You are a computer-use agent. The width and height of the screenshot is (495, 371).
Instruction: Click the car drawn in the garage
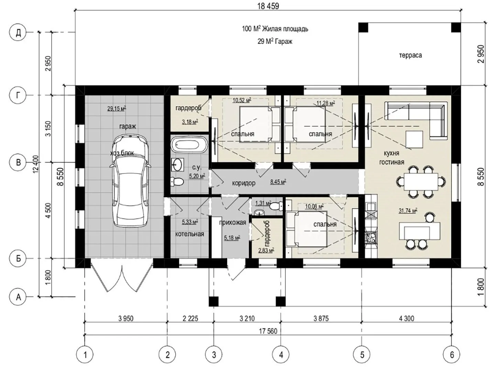click(130, 181)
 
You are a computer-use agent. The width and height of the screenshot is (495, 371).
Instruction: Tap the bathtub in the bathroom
click(189, 145)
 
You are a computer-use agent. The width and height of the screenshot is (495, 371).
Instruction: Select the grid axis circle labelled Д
click(18, 33)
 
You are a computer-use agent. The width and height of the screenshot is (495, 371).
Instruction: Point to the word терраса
click(410, 55)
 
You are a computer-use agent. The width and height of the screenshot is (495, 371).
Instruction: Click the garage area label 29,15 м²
click(117, 109)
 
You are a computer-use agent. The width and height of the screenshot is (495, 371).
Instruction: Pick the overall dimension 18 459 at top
click(268, 6)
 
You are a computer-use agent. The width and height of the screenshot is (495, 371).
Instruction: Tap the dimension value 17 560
click(268, 331)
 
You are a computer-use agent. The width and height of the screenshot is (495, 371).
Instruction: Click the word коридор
click(244, 183)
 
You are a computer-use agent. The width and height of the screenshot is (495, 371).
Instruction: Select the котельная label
click(190, 234)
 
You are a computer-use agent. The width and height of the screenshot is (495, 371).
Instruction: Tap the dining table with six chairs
click(421, 182)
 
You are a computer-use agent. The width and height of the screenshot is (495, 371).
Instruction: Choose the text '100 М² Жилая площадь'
click(275, 29)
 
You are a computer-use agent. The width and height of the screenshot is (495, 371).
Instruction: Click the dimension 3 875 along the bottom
click(321, 318)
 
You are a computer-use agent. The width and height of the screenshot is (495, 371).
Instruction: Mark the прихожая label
click(232, 223)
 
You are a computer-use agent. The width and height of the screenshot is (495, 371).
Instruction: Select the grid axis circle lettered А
click(18, 297)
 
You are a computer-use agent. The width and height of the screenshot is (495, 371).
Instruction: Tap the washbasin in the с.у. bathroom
click(178, 164)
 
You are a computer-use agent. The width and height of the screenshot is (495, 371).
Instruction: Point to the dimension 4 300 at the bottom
click(407, 318)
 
